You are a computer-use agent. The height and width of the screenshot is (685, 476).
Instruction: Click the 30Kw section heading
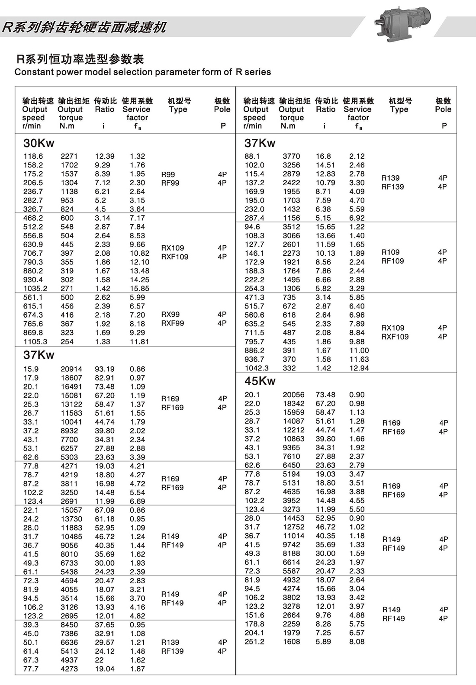pyautogui.click(x=39, y=143)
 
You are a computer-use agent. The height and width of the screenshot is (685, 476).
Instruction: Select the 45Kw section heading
pyautogui.click(x=260, y=381)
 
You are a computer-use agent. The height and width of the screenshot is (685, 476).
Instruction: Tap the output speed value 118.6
pyautogui.click(x=33, y=156)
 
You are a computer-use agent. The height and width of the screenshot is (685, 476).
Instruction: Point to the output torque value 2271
pyautogui.click(x=69, y=156)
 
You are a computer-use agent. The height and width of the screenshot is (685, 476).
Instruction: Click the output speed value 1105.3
pyautogui.click(x=35, y=341)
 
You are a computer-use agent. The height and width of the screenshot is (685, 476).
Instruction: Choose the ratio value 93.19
pyautogui.click(x=105, y=369)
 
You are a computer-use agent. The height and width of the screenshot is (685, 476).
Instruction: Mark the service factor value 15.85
pyautogui.click(x=139, y=289)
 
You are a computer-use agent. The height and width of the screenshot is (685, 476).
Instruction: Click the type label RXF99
pyautogui.click(x=172, y=323)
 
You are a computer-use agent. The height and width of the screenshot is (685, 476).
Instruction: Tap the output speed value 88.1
pyautogui.click(x=252, y=156)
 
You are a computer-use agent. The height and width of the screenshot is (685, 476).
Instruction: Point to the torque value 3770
pyautogui.click(x=291, y=156)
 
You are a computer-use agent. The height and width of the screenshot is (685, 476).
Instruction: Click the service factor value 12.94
pyautogui.click(x=359, y=368)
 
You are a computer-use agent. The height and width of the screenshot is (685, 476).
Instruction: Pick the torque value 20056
pyautogui.click(x=293, y=395)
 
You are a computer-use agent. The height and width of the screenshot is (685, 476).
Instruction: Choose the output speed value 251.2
pyautogui.click(x=254, y=642)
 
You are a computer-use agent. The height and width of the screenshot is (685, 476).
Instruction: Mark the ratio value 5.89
pyautogui.click(x=323, y=642)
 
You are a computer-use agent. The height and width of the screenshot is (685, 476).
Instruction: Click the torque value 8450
pyautogui.click(x=69, y=625)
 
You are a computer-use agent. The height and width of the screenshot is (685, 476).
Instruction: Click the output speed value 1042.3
pyautogui.click(x=256, y=368)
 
